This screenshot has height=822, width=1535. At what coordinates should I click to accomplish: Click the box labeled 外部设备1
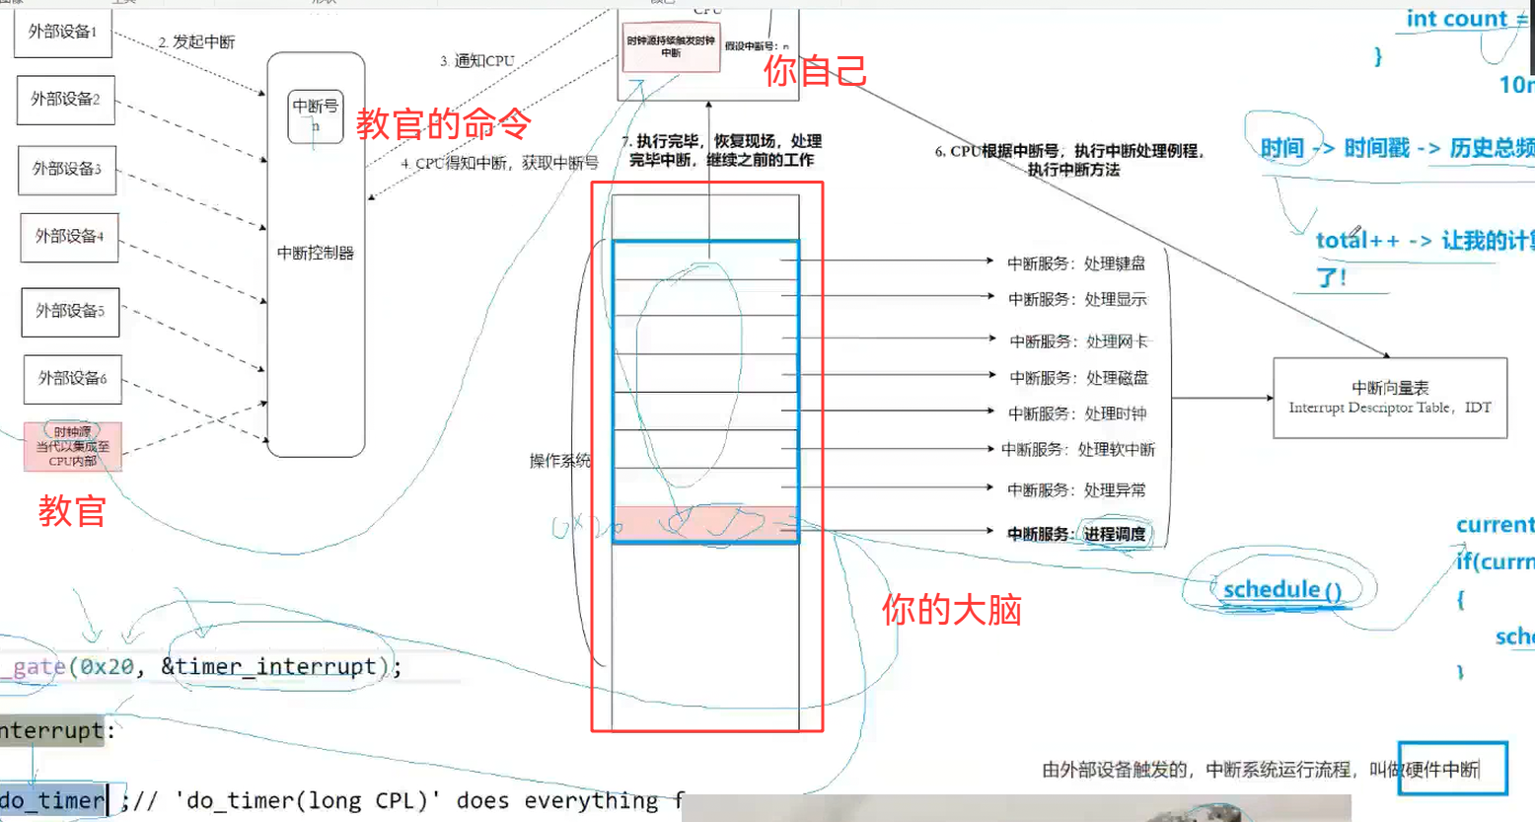point(62,32)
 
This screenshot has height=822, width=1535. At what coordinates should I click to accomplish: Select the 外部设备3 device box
point(67,169)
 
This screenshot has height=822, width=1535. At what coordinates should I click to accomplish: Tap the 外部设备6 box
point(72,378)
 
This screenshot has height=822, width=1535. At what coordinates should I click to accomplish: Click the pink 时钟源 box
point(73,446)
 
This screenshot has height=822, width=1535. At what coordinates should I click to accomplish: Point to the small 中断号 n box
point(316,114)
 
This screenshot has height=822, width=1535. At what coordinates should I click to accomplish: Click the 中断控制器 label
point(316,253)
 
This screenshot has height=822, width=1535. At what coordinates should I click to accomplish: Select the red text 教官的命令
point(443,124)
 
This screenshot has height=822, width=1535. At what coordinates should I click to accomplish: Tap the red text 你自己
point(815,70)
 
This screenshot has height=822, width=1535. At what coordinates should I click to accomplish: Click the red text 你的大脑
point(951,610)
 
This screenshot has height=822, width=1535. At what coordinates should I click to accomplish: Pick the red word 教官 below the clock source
point(72,511)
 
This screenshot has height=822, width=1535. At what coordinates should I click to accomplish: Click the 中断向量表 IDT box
point(1390,397)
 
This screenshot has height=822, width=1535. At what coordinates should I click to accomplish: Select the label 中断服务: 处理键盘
point(1075,263)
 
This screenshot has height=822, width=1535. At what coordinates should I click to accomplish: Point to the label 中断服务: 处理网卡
point(1078,341)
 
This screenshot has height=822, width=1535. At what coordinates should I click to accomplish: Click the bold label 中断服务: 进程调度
point(1076,534)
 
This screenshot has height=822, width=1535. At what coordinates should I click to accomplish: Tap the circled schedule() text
point(1281,590)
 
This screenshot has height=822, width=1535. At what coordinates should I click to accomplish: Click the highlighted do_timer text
point(53,800)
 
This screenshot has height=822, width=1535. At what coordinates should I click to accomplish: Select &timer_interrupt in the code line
point(268,667)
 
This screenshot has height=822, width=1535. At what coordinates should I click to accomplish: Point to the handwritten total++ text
point(1357,240)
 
